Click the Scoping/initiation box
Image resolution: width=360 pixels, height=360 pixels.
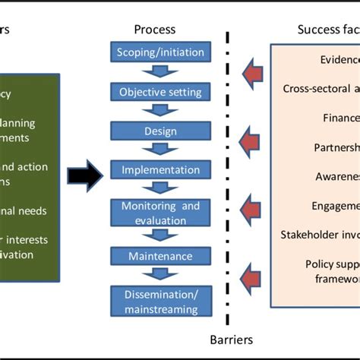pyautogui.click(x=160, y=52)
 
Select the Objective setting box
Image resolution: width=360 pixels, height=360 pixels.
pyautogui.click(x=160, y=92)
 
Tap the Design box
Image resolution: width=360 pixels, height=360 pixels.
pyautogui.click(x=160, y=131)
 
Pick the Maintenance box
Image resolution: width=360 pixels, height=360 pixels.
pyautogui.click(x=160, y=256)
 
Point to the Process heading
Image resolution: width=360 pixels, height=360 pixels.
pyautogui.click(x=154, y=30)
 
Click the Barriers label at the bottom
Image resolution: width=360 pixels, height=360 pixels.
pyautogui.click(x=231, y=339)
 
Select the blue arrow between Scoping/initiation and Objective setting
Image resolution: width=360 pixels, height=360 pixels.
pyautogui.click(x=159, y=72)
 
